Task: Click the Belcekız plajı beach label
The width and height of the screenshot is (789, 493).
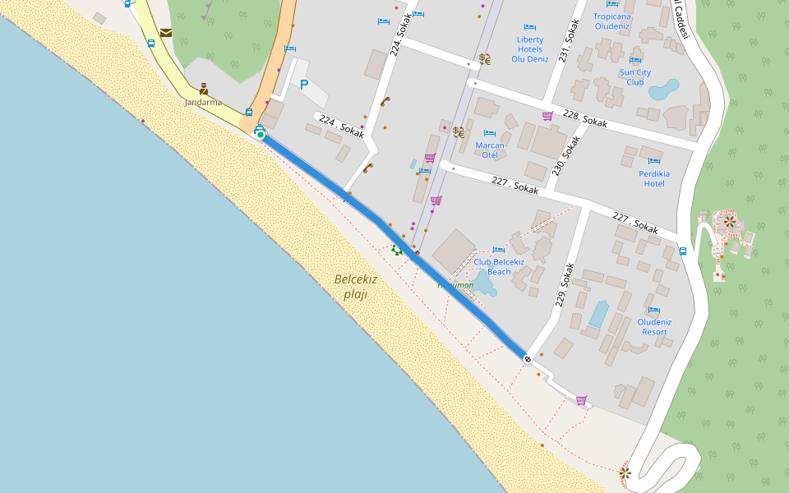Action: (x=355, y=286)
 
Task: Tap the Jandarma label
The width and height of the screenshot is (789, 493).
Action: (x=203, y=103)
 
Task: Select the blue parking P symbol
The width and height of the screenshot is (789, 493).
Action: (x=303, y=84)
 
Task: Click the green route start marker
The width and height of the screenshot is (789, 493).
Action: (x=260, y=134)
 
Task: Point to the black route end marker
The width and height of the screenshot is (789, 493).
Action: (x=527, y=359)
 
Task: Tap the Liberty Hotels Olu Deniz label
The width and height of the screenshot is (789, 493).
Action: (x=530, y=49)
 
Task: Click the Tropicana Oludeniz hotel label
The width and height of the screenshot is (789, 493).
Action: (x=612, y=21)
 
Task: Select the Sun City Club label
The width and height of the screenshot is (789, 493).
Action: (x=635, y=77)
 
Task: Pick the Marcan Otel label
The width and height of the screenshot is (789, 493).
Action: (x=490, y=150)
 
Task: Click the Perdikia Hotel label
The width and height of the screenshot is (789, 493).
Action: (x=654, y=178)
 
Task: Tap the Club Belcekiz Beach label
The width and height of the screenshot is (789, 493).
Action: (x=498, y=266)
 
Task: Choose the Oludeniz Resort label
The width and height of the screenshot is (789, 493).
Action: (x=654, y=326)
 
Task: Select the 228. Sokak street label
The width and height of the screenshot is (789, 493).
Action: (x=584, y=117)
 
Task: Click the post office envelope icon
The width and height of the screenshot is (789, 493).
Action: (x=166, y=33)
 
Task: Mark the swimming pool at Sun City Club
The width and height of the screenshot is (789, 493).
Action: (x=664, y=89)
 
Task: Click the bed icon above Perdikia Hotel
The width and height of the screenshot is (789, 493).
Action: (x=654, y=161)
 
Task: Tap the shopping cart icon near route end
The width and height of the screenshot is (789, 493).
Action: (x=581, y=400)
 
